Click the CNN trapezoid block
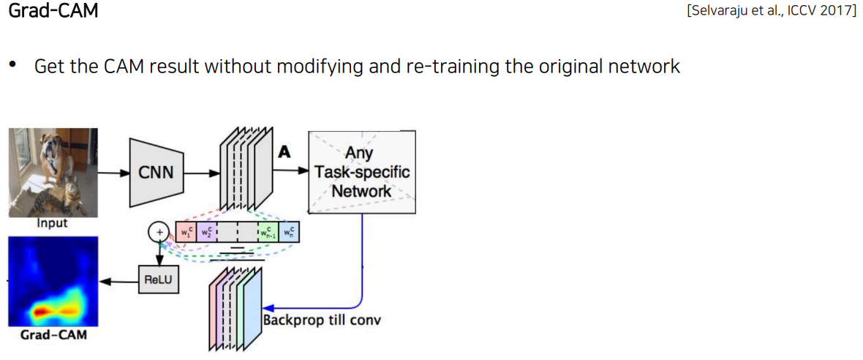point(155,173)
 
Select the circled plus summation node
point(157,233)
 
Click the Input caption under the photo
point(52,223)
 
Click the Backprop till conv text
point(322,320)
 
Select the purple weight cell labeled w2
point(205,233)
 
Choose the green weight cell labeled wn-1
point(268,233)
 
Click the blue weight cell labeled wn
point(290,233)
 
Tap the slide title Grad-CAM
point(53,12)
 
